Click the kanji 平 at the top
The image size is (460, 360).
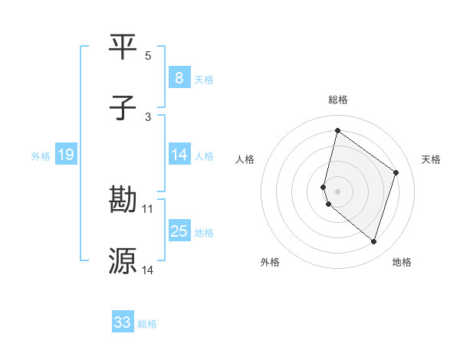(123, 47)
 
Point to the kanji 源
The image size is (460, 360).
(123, 261)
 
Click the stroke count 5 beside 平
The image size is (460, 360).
(148, 56)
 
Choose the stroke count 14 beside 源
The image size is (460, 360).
(148, 270)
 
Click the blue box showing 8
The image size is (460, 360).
(179, 77)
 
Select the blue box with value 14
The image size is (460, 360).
(179, 155)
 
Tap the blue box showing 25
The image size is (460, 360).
(179, 231)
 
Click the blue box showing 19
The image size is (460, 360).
(65, 155)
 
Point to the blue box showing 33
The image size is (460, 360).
(123, 322)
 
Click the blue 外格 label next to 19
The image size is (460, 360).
(41, 155)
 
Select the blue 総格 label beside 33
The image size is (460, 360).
(147, 323)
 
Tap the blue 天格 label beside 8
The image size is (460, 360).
(204, 78)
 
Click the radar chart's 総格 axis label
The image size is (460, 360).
(338, 100)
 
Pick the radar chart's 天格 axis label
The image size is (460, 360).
(432, 159)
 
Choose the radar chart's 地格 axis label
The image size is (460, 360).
(402, 262)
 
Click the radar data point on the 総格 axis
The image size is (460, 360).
(337, 130)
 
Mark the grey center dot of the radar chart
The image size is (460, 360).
(338, 191)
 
